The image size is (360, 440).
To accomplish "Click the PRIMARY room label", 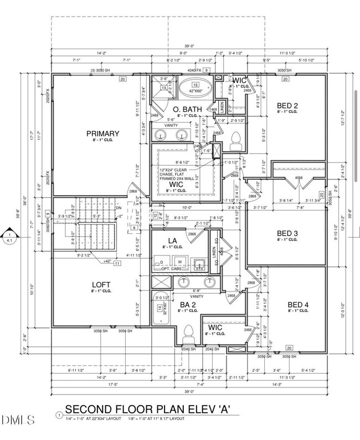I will pos(102,134).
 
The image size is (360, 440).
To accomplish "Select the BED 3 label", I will pos(288,234).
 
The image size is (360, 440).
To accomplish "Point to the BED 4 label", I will pos(298,305).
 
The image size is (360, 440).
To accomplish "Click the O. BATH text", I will pos(186,109).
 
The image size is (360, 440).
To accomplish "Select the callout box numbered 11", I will pos(117,264).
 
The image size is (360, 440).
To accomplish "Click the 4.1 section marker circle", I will pos(9,237).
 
